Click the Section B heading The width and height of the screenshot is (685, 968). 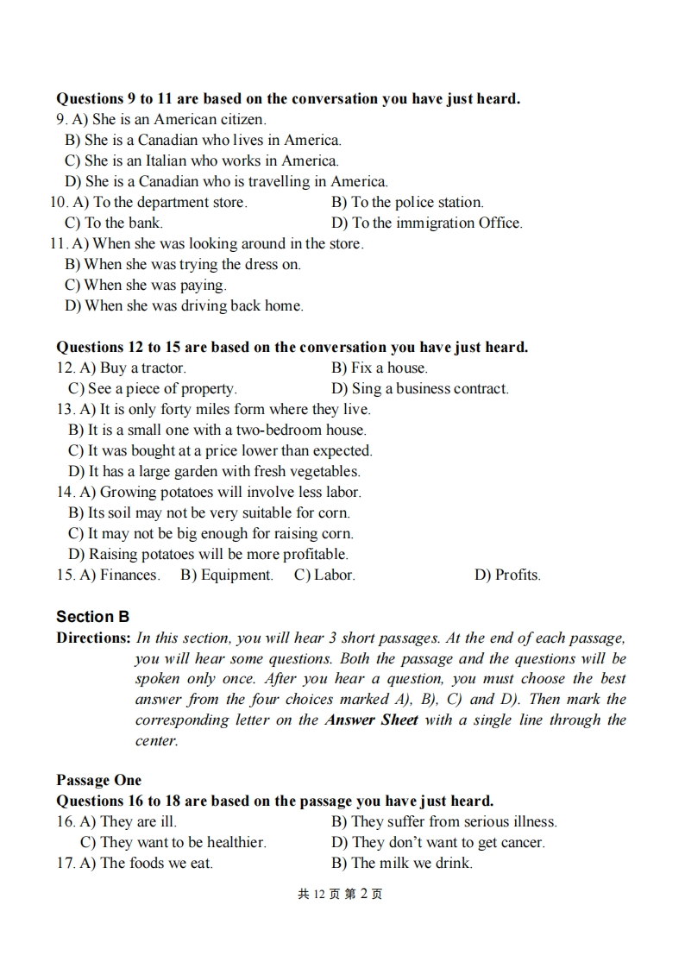[x=92, y=617]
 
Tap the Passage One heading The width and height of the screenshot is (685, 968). [x=98, y=780]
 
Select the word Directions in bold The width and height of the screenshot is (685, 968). [x=92, y=638]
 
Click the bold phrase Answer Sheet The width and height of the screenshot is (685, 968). [x=371, y=720]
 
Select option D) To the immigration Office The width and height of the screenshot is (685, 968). [x=426, y=223]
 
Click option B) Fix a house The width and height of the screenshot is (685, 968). [x=379, y=368]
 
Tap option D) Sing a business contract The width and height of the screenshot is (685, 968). [x=419, y=388]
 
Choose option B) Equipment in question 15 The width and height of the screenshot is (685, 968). [x=226, y=575]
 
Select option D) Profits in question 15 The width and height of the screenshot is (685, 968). [x=507, y=575]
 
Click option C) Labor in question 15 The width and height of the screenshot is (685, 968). [x=324, y=575]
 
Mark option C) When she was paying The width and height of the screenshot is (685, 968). [x=145, y=285]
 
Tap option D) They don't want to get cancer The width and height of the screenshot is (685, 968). [x=437, y=842]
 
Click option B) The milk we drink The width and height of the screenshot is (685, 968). [x=401, y=863]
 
